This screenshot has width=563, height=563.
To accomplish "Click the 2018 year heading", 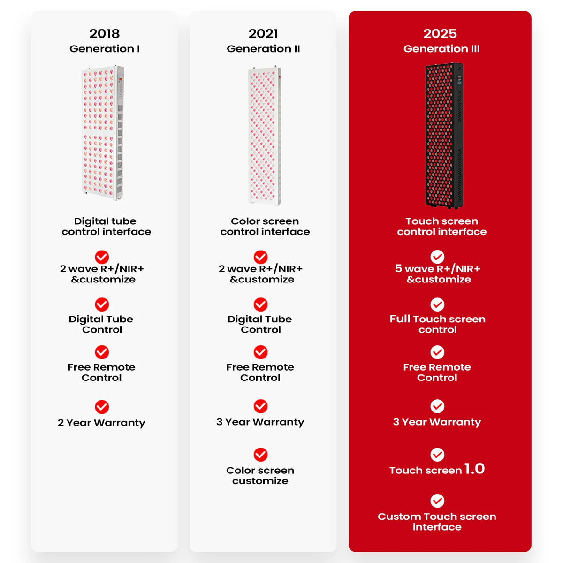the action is click(104, 34).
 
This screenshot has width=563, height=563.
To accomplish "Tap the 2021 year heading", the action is click(263, 34).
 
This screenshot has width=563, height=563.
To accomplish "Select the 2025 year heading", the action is click(440, 34).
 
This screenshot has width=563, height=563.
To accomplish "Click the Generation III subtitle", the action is click(441, 48).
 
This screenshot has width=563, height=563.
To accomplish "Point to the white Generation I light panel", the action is click(103, 133).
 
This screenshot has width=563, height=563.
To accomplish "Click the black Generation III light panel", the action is click(444, 135).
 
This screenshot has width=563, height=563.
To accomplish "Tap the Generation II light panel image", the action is click(265, 136).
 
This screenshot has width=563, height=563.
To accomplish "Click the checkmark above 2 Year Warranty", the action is click(102, 407).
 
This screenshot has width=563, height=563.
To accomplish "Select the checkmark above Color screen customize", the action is click(260, 455).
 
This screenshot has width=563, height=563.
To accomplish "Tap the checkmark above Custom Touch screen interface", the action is click(437, 501).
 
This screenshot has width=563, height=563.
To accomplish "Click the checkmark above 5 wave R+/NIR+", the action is click(437, 257).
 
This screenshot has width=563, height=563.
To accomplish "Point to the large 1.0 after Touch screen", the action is click(474, 469).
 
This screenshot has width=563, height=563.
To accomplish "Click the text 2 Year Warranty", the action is click(101, 423).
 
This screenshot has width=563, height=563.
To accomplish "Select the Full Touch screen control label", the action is click(437, 324).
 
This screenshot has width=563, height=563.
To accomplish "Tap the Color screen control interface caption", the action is click(265, 227).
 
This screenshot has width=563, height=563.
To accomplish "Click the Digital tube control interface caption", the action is click(106, 227).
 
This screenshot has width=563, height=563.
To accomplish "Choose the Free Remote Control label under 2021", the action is click(260, 372).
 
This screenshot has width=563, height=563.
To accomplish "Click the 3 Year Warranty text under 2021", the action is click(260, 422).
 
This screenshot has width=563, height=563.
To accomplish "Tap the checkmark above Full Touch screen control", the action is click(437, 305).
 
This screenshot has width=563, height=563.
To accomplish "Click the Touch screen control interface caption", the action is click(441, 227).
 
